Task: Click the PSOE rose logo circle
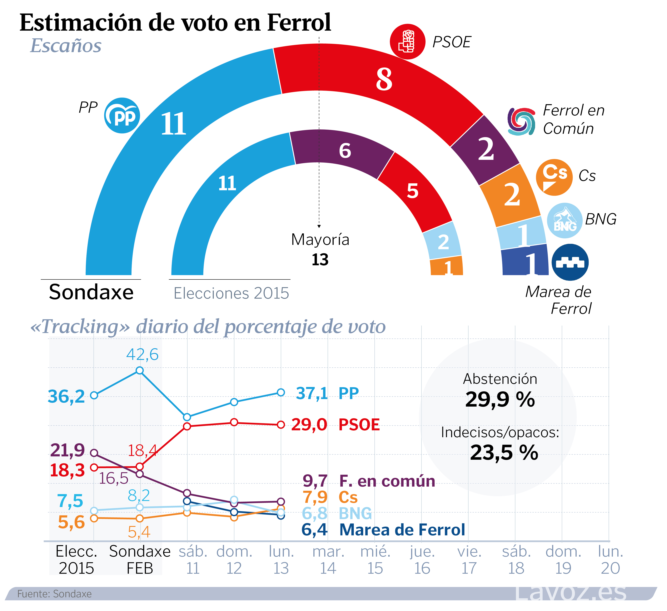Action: pyautogui.click(x=407, y=42)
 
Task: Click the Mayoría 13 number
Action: pyautogui.click(x=320, y=260)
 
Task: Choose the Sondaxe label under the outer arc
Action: pyautogui.click(x=91, y=292)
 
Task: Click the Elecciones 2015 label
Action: pyautogui.click(x=231, y=293)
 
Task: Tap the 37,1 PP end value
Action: pyautogui.click(x=312, y=393)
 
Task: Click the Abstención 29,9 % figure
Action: pyautogui.click(x=500, y=399)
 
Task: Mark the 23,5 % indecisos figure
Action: pyautogui.click(x=504, y=453)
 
